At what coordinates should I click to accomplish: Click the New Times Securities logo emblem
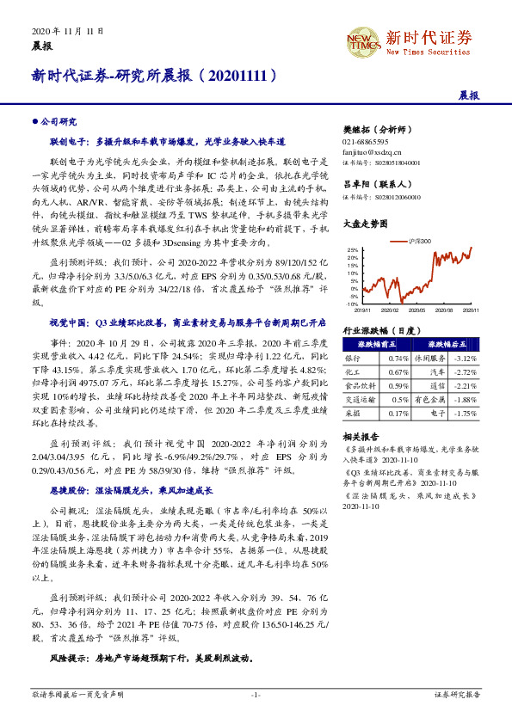pyautogui.click(x=363, y=40)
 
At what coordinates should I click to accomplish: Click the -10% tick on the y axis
pyautogui.click(x=353, y=304)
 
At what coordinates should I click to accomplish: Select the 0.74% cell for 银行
pyautogui.click(x=398, y=358)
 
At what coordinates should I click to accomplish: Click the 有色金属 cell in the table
pyautogui.click(x=431, y=400)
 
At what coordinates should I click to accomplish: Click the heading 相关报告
pyautogui.click(x=359, y=437)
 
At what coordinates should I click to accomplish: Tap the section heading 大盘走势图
pyautogui.click(x=362, y=222)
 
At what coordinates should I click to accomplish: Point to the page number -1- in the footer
pyautogui.click(x=256, y=693)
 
